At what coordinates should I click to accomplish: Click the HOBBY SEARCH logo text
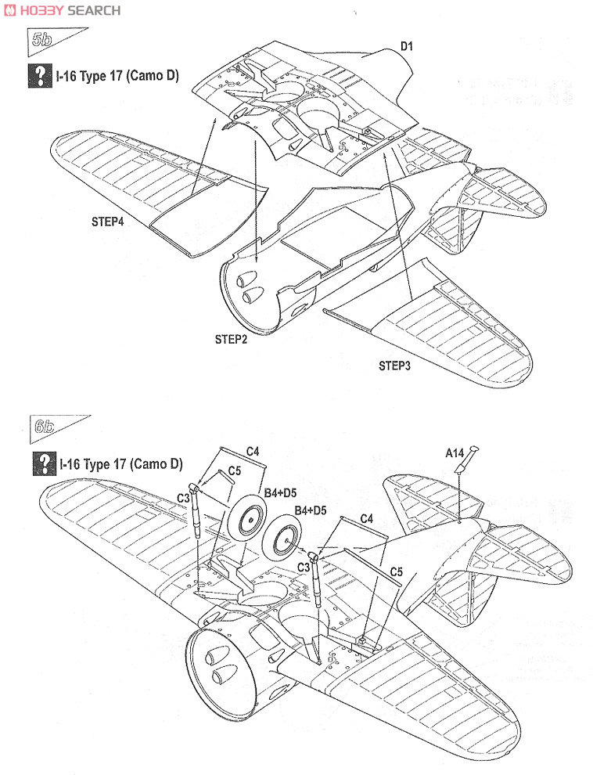64,10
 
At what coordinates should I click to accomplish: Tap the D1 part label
406,46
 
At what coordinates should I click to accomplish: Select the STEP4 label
107,222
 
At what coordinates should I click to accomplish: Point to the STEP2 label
231,340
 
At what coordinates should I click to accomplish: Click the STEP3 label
394,366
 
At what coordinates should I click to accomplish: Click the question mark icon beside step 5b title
40,76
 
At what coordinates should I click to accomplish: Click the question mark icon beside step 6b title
44,463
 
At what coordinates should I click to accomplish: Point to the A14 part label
455,452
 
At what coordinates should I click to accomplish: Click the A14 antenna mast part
466,460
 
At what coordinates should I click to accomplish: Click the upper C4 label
253,451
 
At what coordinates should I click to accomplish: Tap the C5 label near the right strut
396,571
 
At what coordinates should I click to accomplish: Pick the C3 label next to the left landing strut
184,498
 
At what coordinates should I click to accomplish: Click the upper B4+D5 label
280,492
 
